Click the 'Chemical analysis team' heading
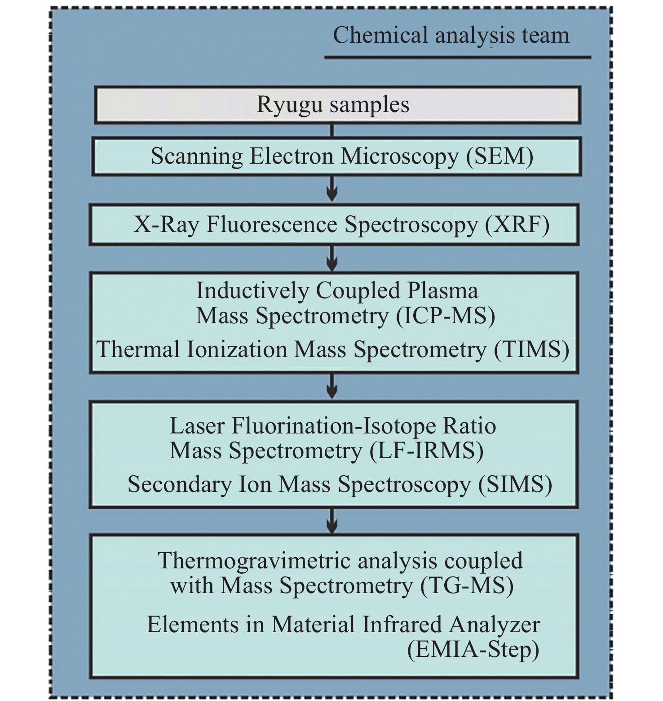[x=451, y=36]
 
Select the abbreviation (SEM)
[x=500, y=156]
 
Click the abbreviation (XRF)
[x=517, y=225]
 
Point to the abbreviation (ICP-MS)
[x=446, y=316]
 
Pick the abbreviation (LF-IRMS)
[x=427, y=451]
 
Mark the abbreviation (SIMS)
[x=515, y=485]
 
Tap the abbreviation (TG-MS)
[x=467, y=586]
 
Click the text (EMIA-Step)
[x=473, y=650]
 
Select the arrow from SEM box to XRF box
[x=332, y=188]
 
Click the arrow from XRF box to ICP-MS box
[x=332, y=258]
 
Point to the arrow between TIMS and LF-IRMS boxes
[x=332, y=386]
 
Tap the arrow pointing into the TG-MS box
[x=332, y=521]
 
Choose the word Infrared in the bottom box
[x=403, y=625]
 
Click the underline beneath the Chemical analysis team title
[x=458, y=58]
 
